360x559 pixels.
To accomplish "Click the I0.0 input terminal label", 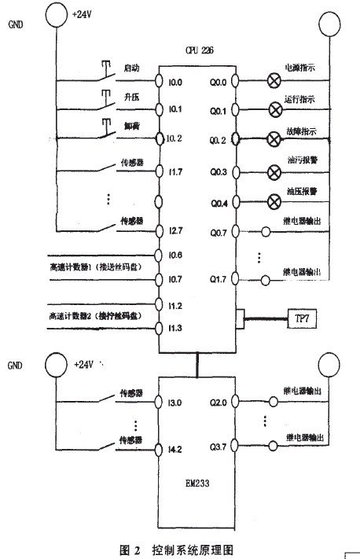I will pos(174,81).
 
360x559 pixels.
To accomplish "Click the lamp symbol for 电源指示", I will pos(274,80).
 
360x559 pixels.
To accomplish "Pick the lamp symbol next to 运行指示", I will pos(274,109).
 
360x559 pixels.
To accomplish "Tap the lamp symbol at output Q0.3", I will pos(274,171).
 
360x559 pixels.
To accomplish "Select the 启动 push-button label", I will pos(130,70).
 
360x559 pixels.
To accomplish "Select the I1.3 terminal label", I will pos(174,328).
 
